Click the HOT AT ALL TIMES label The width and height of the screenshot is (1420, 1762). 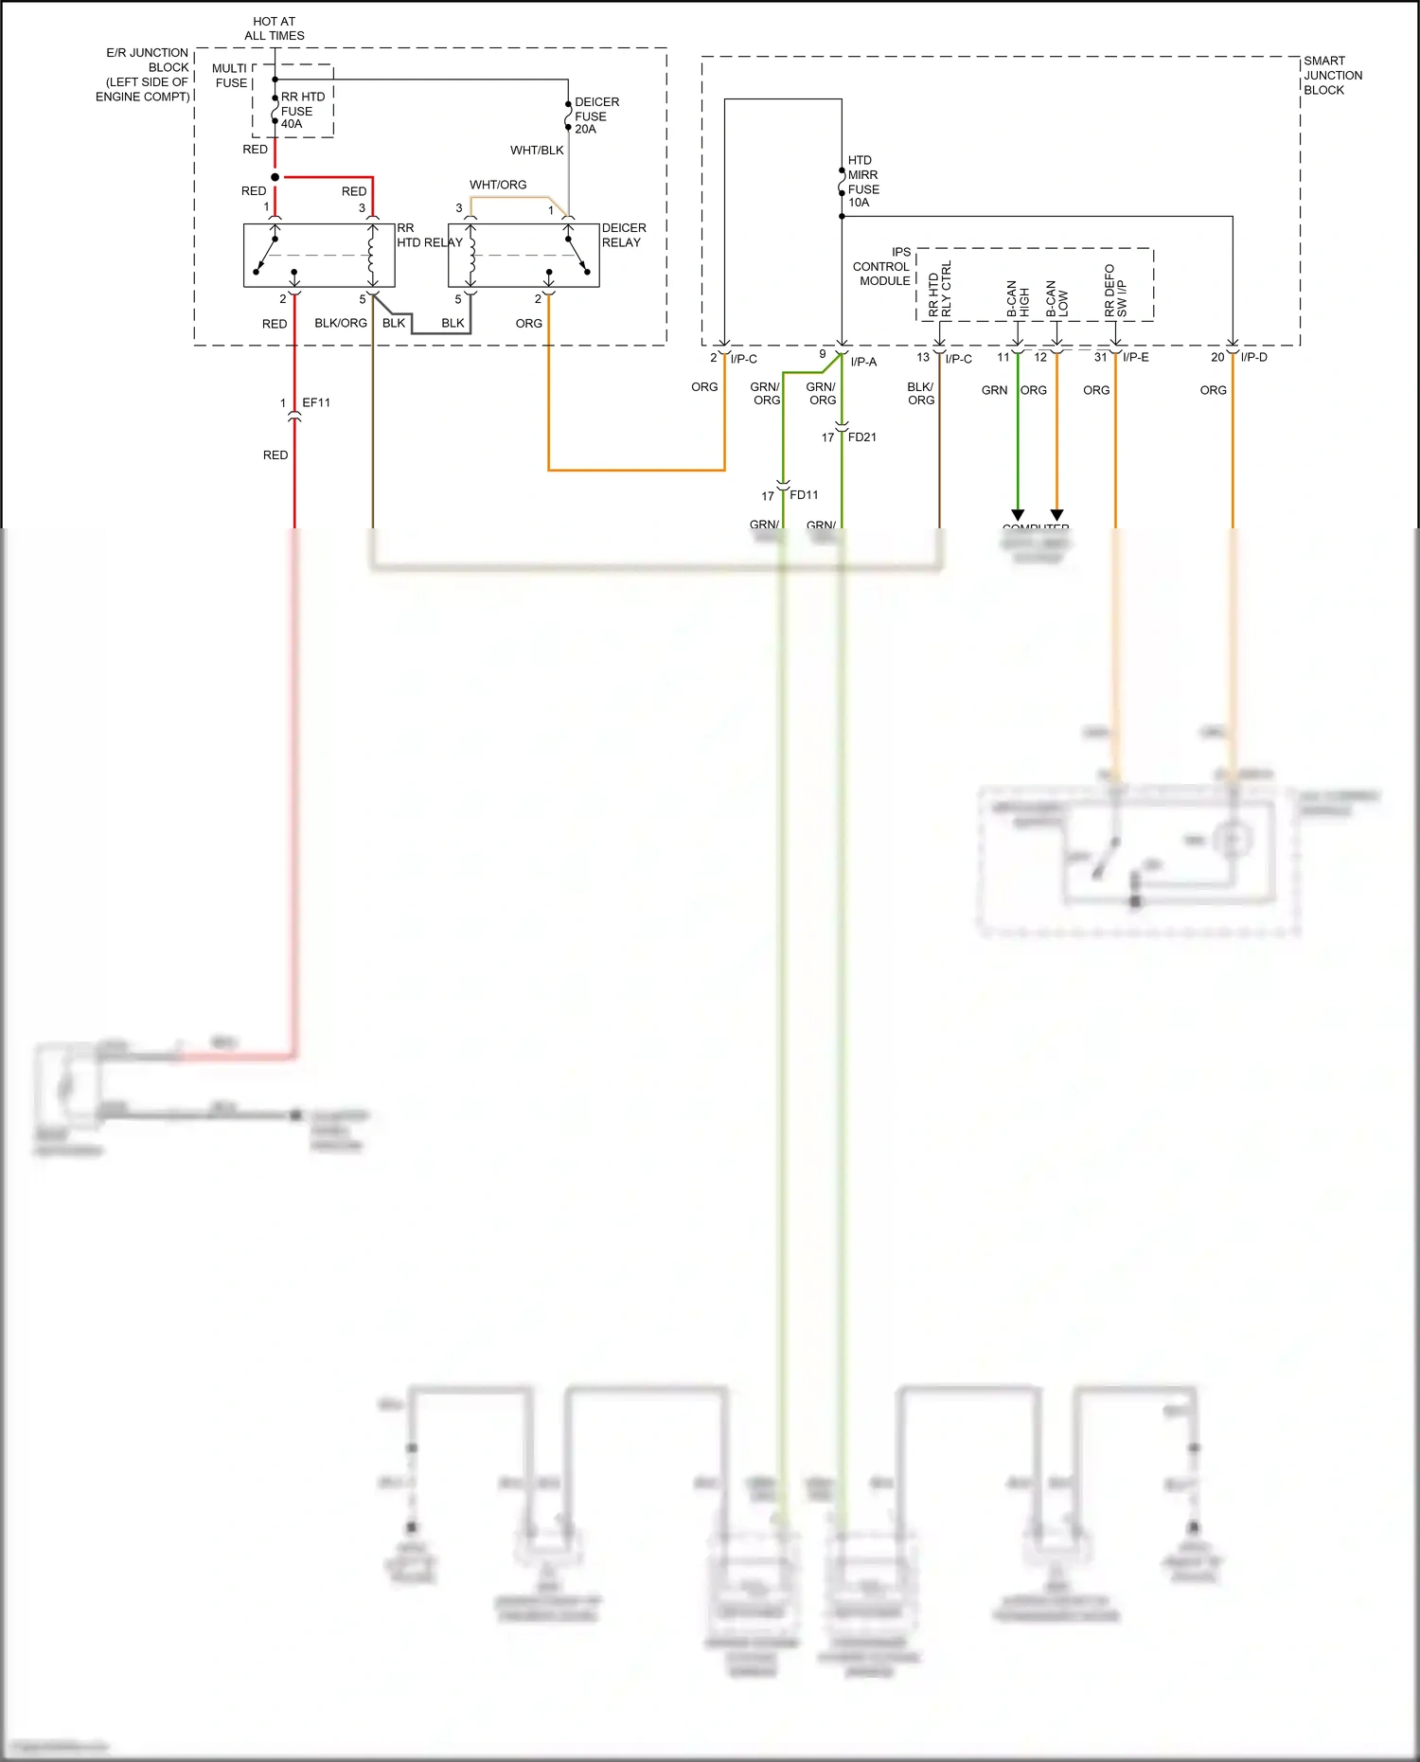coord(275,28)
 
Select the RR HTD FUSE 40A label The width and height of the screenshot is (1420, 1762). coord(302,111)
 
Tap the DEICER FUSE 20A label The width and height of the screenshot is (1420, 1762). coord(596,116)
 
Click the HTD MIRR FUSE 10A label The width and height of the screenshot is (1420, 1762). coord(862,182)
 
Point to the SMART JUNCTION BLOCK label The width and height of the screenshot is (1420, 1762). coord(1333,76)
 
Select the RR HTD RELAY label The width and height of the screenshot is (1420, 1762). coord(428,236)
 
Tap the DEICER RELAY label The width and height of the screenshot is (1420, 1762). coord(624,236)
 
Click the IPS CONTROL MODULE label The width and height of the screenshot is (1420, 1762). coord(882,267)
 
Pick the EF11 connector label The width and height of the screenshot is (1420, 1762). coord(316,403)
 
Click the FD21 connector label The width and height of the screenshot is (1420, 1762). coord(861,437)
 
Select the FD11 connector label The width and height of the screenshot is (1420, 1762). coord(804,495)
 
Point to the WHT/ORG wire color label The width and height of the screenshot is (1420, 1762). coord(498,185)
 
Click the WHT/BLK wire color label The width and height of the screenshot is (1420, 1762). coord(537,151)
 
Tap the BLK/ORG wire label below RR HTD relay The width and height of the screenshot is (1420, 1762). coord(341,324)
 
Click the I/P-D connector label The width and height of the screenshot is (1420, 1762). coord(1253,358)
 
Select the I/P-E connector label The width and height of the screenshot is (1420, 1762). coord(1135,358)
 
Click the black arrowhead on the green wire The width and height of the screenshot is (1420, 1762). coord(1018,515)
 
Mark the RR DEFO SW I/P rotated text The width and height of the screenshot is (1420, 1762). coord(1115,291)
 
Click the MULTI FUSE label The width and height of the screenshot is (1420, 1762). coord(230,76)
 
